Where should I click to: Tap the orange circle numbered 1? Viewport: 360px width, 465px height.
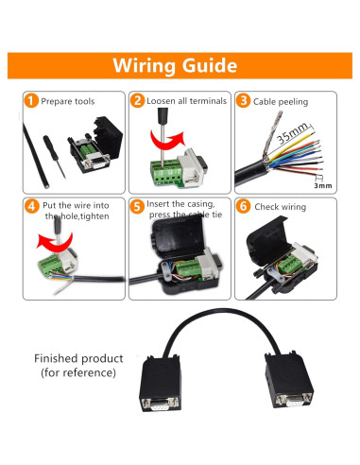[x=31, y=101]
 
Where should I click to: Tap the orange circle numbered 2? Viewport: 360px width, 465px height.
[x=138, y=101]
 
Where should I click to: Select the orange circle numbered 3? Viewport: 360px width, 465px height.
[x=243, y=101]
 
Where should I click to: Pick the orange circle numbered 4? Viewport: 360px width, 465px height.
[x=31, y=204]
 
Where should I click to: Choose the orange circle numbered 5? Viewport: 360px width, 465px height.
[x=138, y=204]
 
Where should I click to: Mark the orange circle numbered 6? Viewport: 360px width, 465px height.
[x=243, y=204]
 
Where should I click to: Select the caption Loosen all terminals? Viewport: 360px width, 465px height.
[x=184, y=101]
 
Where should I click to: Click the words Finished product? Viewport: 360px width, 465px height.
[x=78, y=359]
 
